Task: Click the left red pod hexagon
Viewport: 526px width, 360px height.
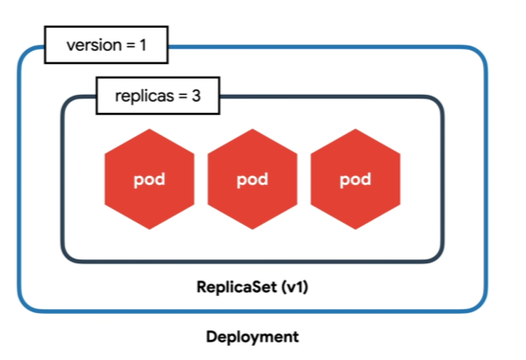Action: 149,179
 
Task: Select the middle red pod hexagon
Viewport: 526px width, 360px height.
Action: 252,179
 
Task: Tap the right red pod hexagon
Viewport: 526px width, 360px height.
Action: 355,179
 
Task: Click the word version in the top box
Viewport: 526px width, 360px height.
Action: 94,45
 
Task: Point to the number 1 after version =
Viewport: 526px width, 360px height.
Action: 143,45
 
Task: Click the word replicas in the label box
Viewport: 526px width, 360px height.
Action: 145,96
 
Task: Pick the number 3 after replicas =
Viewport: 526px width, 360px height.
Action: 196,96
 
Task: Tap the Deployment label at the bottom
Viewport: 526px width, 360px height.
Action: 252,337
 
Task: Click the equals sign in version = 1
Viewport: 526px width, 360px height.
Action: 130,46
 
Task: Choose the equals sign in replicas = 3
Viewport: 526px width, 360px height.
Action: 183,97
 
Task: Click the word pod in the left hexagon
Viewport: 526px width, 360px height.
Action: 149,180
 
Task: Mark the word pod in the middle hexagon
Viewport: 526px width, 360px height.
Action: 252,180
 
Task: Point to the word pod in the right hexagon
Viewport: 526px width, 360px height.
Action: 355,180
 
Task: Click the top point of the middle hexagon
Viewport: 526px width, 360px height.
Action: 252,129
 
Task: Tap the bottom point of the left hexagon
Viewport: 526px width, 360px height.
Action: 149,230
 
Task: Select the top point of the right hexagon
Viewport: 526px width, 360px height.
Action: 355,129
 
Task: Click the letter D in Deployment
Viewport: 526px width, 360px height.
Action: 212,336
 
